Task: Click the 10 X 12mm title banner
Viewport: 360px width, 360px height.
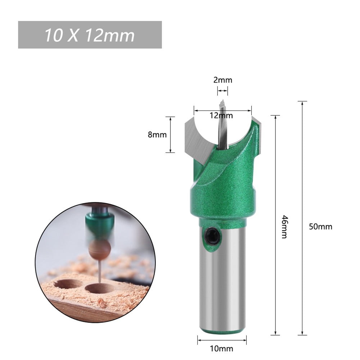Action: click(x=90, y=35)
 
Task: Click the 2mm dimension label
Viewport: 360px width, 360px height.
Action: click(x=223, y=80)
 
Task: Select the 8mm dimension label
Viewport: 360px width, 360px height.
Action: click(x=157, y=135)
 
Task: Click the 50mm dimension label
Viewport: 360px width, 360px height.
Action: click(x=320, y=227)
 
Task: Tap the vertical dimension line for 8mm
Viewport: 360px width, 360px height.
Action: click(x=170, y=135)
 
